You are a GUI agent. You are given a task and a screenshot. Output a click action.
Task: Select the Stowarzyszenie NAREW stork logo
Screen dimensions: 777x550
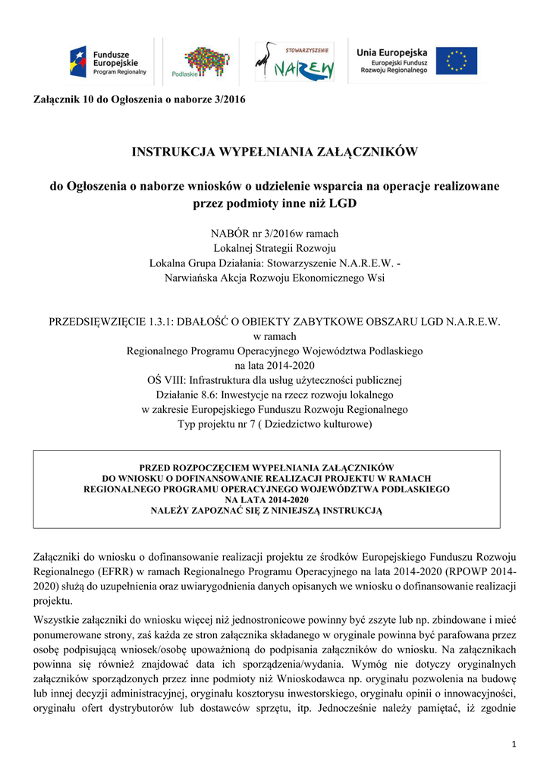tap(294, 61)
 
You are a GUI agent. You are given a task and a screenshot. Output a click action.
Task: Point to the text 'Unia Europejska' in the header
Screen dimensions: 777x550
tap(392, 51)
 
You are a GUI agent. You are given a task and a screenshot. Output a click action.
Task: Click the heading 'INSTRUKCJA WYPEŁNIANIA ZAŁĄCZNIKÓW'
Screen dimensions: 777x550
tap(275, 152)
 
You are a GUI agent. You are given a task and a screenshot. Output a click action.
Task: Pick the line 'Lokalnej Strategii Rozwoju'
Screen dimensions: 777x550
tap(275, 248)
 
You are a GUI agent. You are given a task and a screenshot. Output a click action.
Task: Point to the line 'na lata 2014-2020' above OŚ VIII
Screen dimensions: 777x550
tap(275, 365)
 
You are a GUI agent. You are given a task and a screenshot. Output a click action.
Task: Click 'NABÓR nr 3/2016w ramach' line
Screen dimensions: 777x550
tap(275, 234)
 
